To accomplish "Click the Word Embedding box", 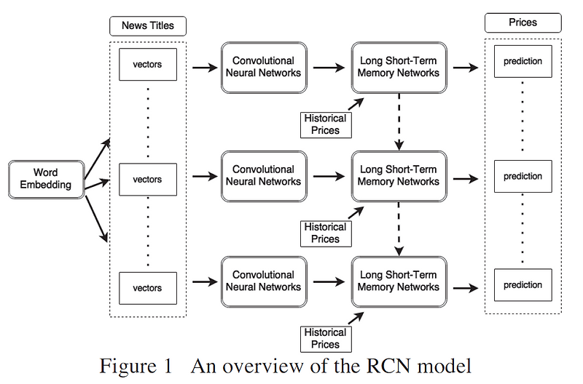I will (x=46, y=178).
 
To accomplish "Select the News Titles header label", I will (x=147, y=26).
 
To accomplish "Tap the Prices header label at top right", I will (x=523, y=23).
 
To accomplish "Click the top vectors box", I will (x=147, y=65).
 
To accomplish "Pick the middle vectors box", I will (x=147, y=179).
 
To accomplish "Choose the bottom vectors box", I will (x=147, y=287).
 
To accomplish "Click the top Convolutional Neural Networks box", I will (x=263, y=67).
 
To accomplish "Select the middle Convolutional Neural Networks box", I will (x=263, y=175).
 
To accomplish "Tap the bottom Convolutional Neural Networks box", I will (x=263, y=281).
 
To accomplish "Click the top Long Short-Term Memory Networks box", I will (x=398, y=67).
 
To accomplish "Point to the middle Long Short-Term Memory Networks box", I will (x=398, y=175).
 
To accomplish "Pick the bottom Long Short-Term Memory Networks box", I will (x=398, y=281).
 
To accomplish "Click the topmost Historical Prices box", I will (x=325, y=124).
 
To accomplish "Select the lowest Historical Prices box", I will (x=325, y=338).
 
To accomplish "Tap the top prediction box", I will (x=523, y=62).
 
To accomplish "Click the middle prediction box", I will (x=523, y=176).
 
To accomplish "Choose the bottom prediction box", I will (x=523, y=284).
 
